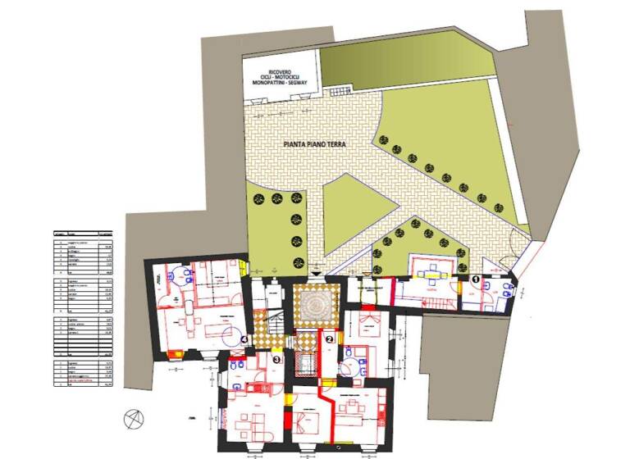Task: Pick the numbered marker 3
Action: coord(276,359)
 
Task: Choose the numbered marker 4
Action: coord(245,339)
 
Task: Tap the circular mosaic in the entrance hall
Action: coord(313,306)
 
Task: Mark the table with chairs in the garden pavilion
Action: coord(431,270)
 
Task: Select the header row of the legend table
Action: coord(81,233)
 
